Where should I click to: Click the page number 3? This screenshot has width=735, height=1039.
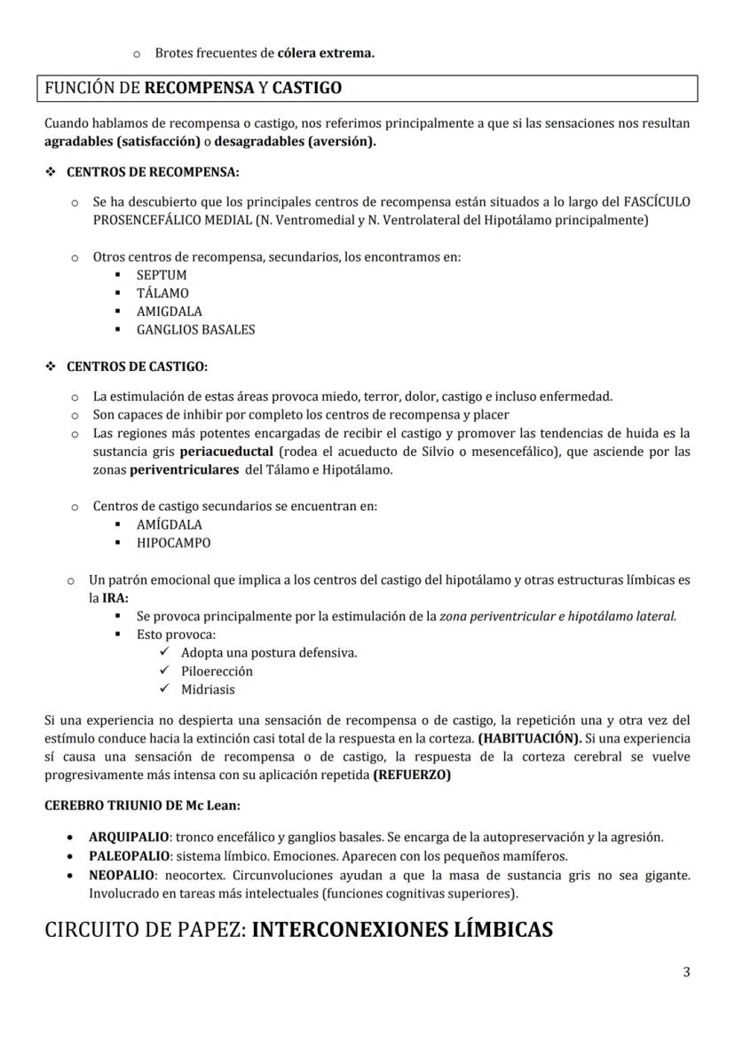point(686,972)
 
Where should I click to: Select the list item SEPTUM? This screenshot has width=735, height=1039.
point(162,275)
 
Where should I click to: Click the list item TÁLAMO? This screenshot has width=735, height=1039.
point(162,293)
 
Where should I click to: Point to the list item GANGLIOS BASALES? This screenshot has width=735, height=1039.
point(195,329)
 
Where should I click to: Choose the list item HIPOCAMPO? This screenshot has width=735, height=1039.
point(173,542)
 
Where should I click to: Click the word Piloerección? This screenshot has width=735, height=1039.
point(217,671)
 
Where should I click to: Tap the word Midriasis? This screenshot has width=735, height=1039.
point(208,689)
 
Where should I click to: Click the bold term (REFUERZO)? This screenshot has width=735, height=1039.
point(412,775)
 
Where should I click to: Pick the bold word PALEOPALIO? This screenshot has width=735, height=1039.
point(129,856)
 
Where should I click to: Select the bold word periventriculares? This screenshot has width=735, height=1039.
point(184,469)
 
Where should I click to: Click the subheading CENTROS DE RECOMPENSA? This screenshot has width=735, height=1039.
point(153,171)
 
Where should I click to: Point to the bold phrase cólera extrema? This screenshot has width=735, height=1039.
point(326,53)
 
